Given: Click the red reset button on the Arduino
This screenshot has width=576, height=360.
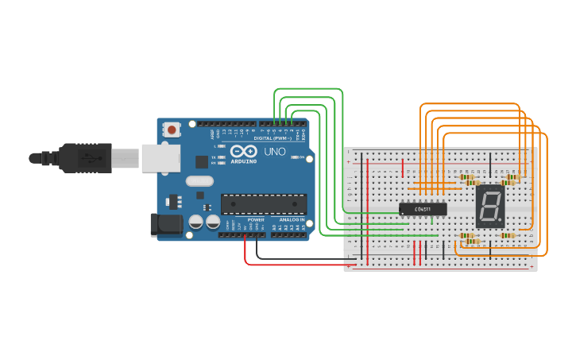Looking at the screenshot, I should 172,128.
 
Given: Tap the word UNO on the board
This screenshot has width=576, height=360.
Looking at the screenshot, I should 274,151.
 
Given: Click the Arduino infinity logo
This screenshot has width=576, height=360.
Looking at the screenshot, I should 242,150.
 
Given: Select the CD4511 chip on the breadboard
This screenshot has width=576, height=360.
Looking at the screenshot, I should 422,209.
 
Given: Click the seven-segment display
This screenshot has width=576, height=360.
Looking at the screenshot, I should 490,207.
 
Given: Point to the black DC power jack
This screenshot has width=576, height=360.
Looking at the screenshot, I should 166,224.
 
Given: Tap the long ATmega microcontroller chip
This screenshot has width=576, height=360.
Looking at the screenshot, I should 263,203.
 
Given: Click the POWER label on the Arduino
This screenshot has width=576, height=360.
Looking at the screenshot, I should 256,219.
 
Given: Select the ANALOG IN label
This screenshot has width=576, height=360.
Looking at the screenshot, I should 291,219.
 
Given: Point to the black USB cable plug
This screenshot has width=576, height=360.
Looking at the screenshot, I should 87,157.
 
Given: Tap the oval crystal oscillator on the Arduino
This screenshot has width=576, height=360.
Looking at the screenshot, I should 200,180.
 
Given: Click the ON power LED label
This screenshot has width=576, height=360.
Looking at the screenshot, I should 301,157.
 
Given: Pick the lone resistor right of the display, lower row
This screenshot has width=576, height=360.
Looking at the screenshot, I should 508,235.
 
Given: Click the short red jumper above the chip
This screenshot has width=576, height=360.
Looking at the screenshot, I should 403,168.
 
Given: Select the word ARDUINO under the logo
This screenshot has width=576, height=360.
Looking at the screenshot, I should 244,161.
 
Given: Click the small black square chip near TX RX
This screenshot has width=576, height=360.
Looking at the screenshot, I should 202,161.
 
